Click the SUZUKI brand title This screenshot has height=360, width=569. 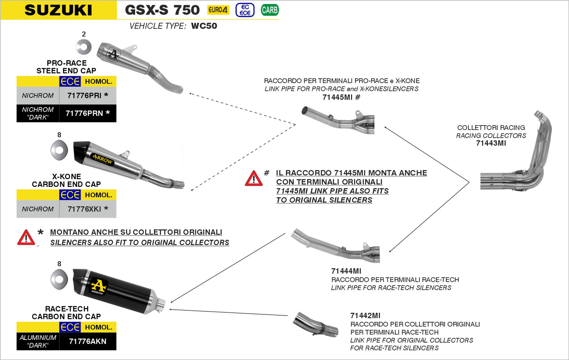[58, 10]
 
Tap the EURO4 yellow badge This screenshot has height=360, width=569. [218, 10]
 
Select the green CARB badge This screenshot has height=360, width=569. [270, 10]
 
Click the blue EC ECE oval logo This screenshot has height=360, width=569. [245, 10]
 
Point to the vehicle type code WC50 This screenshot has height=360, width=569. [204, 26]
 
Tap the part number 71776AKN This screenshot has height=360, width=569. [87, 341]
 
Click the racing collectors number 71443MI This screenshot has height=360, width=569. [491, 143]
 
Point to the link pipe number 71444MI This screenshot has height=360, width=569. [346, 271]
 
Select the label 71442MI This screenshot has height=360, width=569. [365, 316]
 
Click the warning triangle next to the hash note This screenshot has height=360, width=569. [254, 179]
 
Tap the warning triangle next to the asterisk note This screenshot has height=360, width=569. [26, 238]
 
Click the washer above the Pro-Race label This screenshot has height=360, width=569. [83, 48]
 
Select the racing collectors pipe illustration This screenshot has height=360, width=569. [520, 157]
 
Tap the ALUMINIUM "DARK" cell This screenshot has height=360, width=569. [38, 341]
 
